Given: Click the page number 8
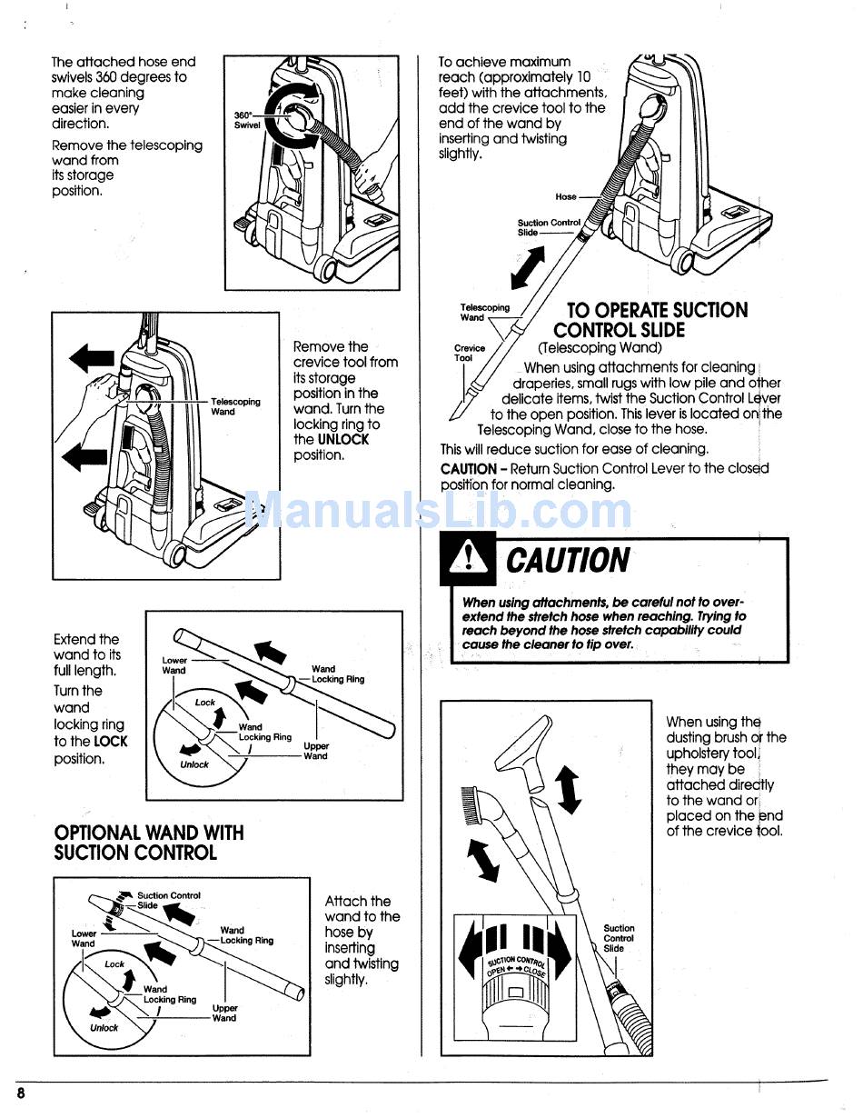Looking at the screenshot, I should (20, 1093).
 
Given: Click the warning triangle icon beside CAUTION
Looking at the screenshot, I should (468, 562).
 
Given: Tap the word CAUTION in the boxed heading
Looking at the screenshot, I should (567, 561).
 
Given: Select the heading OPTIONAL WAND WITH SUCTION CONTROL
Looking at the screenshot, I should (149, 843).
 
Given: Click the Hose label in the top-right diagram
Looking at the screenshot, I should (566, 196).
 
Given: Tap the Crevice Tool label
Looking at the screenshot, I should (470, 353).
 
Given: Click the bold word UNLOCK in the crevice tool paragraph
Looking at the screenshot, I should (343, 440).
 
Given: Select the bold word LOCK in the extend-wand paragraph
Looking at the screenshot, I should (111, 742).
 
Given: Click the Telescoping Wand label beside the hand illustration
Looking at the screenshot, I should (235, 406).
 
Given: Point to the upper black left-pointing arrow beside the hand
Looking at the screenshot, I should (92, 359).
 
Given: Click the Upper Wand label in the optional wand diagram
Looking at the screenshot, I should (224, 1013).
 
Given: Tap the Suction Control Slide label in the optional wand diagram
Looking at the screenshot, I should (168, 900).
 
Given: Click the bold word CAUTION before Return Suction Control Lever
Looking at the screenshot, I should (468, 469).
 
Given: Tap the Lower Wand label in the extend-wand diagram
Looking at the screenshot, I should (174, 665).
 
